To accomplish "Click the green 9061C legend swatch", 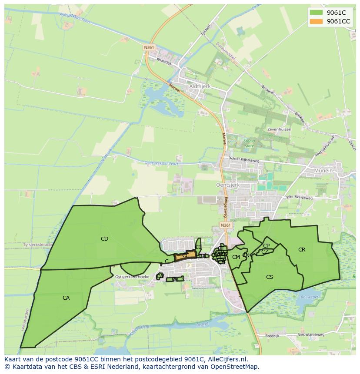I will click(x=316, y=13).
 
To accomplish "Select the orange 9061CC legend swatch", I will click(x=316, y=21).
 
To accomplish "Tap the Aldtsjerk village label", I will click(x=200, y=86).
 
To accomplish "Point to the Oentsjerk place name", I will click(x=227, y=185).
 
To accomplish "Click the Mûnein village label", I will click(x=323, y=171).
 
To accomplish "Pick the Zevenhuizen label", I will click(x=279, y=129).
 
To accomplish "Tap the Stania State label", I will click(x=249, y=143).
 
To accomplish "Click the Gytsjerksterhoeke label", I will click(x=133, y=277).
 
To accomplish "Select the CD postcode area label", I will click(x=104, y=239).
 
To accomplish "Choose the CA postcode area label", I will click(x=66, y=298).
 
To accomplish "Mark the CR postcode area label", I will click(x=302, y=250).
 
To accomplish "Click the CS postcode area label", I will click(x=270, y=277).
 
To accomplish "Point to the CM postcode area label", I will click(x=236, y=257).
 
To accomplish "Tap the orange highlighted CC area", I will click(x=186, y=256).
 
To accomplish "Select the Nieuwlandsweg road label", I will click(x=311, y=335).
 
